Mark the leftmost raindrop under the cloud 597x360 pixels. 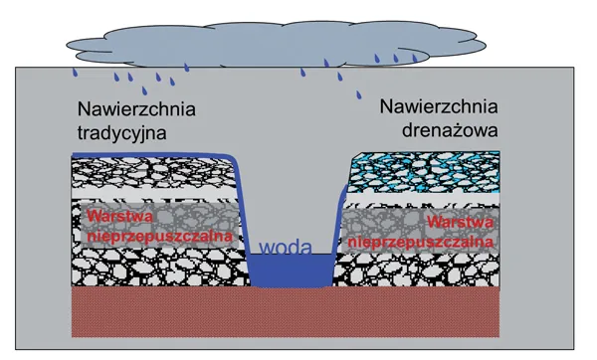click(74, 73)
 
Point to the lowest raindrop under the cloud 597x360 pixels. click(359, 96)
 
